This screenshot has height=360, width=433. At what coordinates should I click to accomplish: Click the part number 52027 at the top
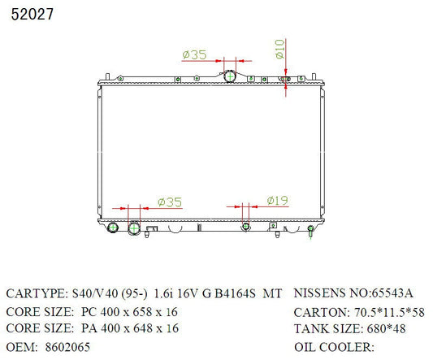(32, 14)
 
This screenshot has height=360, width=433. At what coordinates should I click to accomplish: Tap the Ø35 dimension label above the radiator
(194, 54)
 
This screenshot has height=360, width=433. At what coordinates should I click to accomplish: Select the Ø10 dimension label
(279, 49)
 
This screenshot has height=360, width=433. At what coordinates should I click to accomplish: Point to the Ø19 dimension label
(277, 200)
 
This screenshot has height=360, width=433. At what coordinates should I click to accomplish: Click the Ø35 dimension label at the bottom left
(170, 202)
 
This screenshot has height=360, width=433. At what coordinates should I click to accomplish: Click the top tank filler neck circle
(230, 76)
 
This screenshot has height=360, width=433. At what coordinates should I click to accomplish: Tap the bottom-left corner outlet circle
(113, 228)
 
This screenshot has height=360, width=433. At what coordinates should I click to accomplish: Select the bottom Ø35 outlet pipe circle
(134, 228)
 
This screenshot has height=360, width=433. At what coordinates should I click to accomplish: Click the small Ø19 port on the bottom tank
(245, 227)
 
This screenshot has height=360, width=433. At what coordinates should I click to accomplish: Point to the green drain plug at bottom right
(310, 231)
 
